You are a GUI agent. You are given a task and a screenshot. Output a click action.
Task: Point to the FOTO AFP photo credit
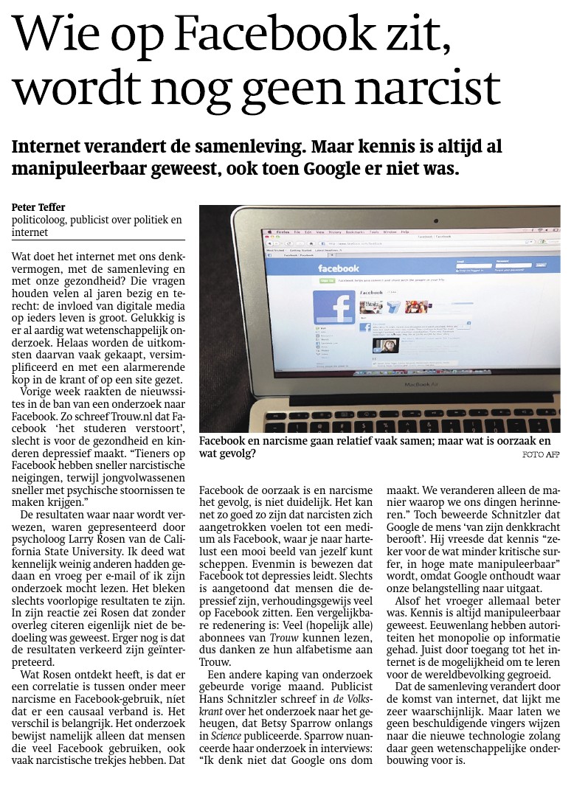542,454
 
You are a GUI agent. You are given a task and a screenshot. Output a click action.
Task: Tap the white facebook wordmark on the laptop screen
338,268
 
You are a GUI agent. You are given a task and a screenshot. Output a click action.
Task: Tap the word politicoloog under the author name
42,220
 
